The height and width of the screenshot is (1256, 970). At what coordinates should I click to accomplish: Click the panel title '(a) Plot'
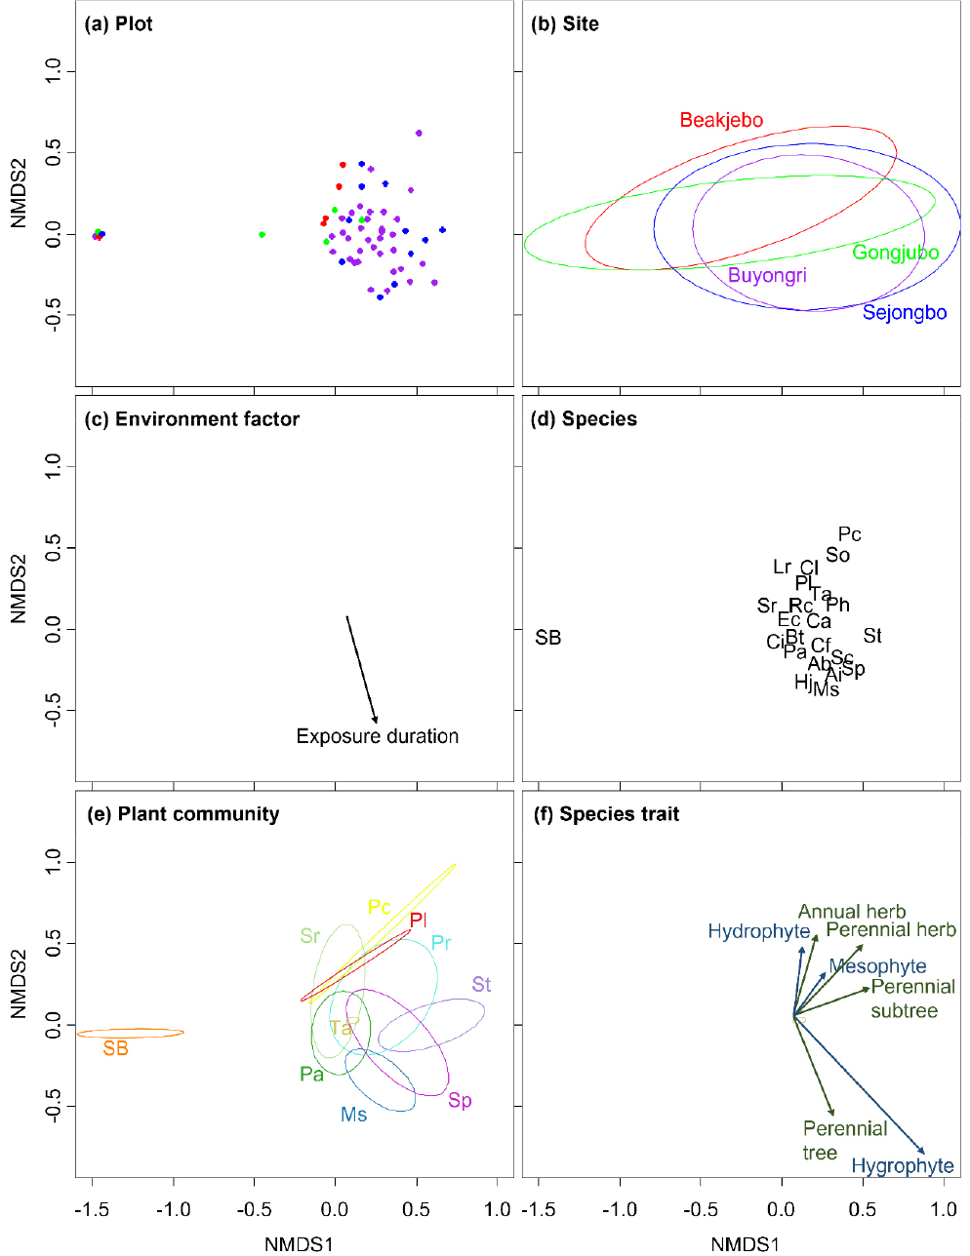point(119,24)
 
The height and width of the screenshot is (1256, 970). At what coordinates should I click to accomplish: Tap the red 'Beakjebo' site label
point(721,121)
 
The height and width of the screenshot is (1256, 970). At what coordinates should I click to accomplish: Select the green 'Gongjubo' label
point(895,254)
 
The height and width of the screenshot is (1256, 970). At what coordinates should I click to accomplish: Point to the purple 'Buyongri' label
point(767,275)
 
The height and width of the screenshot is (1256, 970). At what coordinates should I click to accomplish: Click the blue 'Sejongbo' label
point(904,313)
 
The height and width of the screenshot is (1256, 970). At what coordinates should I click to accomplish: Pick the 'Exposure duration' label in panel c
point(377,736)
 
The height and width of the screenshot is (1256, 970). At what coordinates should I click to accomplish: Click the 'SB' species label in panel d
point(548,638)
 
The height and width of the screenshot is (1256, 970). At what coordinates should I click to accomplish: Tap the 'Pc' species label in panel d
point(850,534)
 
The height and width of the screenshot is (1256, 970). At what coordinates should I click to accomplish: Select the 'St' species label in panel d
point(872,636)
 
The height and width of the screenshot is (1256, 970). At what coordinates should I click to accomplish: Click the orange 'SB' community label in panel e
point(115,1049)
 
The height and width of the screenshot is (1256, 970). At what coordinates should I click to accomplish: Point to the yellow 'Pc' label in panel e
point(379,908)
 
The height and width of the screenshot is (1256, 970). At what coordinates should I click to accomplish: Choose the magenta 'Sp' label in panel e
point(460,1101)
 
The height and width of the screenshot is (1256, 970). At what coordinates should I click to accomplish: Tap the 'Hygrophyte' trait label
point(902,1166)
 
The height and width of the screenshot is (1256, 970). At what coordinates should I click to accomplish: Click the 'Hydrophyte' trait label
point(758,932)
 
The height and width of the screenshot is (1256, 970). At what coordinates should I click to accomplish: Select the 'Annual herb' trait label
point(851,912)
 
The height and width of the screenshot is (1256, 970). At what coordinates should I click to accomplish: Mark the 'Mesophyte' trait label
point(877,966)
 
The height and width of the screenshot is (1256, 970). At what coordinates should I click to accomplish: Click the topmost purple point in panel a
point(419,134)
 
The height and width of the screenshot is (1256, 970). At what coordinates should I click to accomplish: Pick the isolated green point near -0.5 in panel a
point(262,234)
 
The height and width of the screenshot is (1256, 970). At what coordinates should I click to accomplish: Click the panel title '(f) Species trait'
point(604,814)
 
